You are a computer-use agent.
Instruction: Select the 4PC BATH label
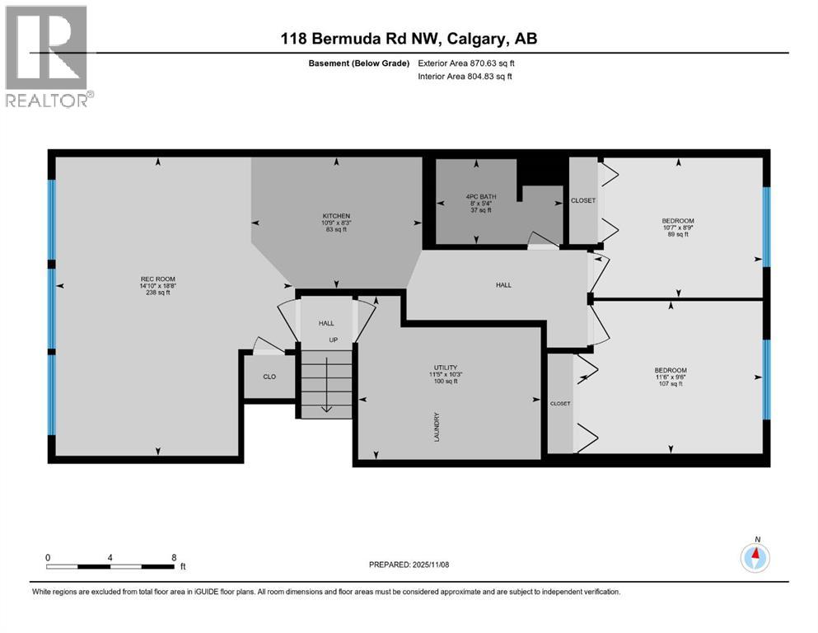pos(475,197)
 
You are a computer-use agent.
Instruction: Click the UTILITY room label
pos(446,367)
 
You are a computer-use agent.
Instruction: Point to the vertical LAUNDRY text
pos(436,426)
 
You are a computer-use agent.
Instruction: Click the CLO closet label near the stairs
pos(269,377)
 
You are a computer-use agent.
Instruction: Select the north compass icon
pos(755,558)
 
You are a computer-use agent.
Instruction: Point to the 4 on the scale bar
pos(110,557)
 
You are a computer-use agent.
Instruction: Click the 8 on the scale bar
pos(174,557)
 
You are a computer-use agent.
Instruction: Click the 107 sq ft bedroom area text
pos(670,384)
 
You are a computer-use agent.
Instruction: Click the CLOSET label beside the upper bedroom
pos(582,200)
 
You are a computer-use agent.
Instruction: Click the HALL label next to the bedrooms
pos(503,285)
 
